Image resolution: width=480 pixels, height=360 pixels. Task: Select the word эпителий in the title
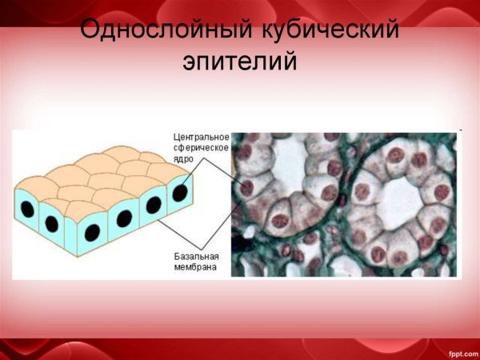[240, 62]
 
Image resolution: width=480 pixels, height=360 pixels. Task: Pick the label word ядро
[184, 159]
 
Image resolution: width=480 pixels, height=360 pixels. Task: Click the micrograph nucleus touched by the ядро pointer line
[247, 189]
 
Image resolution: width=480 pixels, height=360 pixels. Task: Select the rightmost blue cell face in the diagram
[178, 200]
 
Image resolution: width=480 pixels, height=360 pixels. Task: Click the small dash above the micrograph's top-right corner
[461, 129]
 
